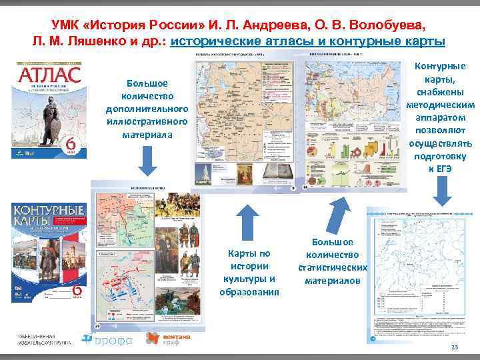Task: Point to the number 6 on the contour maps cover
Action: (x=77, y=291)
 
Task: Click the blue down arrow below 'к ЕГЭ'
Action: (x=440, y=192)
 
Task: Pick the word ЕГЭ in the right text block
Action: (x=445, y=168)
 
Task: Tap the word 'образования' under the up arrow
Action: (x=248, y=291)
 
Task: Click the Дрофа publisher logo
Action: (x=107, y=339)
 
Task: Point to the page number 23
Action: (x=455, y=349)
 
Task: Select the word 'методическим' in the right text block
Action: (x=440, y=104)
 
